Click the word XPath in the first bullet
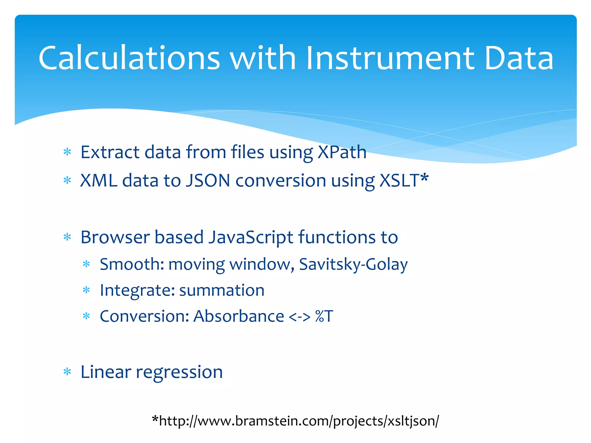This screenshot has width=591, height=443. (342, 152)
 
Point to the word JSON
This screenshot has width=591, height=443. (208, 181)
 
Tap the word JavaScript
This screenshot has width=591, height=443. (250, 238)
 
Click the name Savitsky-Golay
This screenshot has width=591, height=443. (353, 264)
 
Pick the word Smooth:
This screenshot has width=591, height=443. (132, 264)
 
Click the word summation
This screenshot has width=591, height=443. (222, 290)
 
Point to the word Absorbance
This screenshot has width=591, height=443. (239, 316)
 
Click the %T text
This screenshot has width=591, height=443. (324, 316)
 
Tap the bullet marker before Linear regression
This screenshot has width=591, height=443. (67, 372)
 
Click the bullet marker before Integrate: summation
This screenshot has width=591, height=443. (86, 290)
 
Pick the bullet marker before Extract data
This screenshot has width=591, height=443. (67, 152)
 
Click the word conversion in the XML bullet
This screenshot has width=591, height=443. (281, 181)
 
